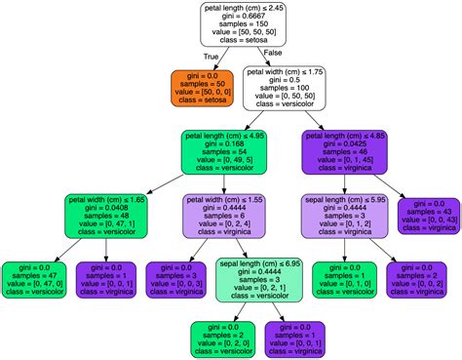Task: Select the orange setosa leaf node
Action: pyautogui.click(x=201, y=87)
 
